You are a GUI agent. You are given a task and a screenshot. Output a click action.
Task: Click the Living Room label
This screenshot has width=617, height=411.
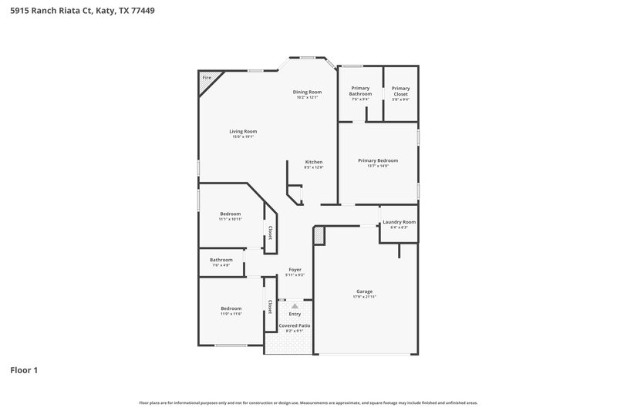point(242,131)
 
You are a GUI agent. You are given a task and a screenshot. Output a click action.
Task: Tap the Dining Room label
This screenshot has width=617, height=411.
point(306,92)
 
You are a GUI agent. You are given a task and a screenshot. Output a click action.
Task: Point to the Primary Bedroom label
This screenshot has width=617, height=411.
point(378,160)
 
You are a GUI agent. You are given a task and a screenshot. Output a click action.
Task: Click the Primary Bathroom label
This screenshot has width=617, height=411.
point(360,91)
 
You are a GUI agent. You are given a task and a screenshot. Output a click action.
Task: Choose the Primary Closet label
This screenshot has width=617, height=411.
point(400,91)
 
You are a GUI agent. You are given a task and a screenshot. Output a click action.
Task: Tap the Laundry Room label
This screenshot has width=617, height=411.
point(399,222)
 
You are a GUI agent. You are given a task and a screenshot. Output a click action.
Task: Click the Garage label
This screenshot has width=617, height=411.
point(364,291)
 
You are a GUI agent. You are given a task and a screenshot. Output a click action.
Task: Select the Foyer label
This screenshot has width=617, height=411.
point(295,269)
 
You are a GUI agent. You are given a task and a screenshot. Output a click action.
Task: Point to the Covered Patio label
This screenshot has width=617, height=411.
point(295,325)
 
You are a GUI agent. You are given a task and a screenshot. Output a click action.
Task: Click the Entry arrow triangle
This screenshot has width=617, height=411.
point(295,306)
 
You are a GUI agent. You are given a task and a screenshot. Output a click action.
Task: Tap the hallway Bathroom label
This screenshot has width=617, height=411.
point(221,260)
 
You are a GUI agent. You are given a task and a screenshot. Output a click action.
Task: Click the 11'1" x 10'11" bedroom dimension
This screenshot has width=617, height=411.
point(231,219)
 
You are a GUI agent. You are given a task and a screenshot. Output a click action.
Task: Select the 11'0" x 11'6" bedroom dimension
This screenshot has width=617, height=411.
point(231,314)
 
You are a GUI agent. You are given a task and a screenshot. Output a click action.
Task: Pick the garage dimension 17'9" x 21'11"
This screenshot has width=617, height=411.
point(364,297)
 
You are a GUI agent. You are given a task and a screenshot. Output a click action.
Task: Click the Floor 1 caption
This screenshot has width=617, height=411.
point(24,370)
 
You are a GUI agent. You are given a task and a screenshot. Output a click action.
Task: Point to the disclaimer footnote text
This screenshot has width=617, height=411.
point(308,403)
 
